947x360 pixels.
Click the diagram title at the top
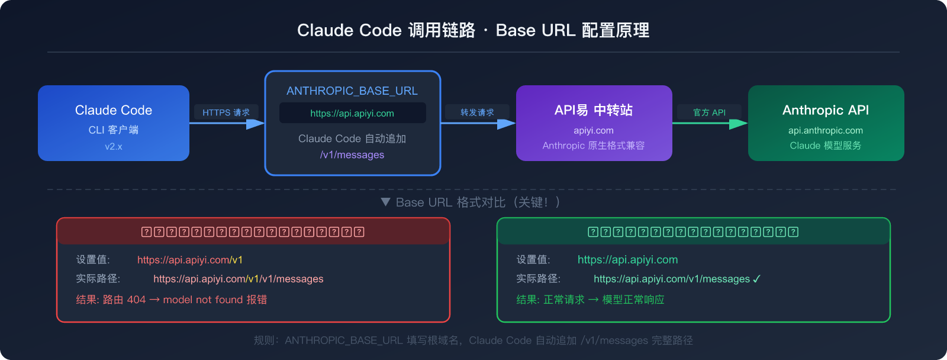point(473,30)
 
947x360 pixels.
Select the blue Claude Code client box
point(113,123)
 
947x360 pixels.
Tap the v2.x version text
point(113,146)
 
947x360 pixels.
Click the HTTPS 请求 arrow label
point(226,112)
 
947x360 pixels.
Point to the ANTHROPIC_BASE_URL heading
point(352,91)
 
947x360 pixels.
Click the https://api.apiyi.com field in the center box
point(352,113)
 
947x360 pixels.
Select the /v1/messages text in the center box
point(352,155)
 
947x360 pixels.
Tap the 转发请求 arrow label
point(477,112)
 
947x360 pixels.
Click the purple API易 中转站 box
point(594,123)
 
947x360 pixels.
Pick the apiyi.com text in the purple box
point(594,130)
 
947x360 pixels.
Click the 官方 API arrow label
point(709,112)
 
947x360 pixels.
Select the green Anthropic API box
point(826,123)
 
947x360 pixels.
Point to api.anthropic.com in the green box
point(826,130)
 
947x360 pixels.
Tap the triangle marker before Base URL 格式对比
point(385,202)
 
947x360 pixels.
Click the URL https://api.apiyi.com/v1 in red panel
point(190,260)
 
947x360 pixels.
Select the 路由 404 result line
point(172,300)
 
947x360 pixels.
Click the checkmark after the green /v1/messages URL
point(756,279)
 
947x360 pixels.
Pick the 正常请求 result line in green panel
point(590,300)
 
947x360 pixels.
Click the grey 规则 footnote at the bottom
point(473,340)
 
